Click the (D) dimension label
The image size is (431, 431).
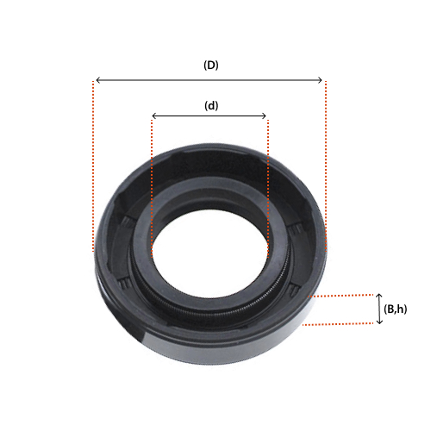(211, 66)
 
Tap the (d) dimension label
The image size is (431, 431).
(211, 106)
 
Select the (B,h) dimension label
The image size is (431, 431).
(395, 309)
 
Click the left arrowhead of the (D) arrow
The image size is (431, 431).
(97, 80)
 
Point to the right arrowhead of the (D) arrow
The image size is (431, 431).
(320, 80)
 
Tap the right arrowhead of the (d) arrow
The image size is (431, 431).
(265, 116)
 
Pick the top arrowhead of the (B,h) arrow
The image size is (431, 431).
(379, 296)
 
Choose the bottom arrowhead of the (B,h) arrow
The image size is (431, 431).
(379, 322)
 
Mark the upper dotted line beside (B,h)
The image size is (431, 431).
(340, 295)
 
